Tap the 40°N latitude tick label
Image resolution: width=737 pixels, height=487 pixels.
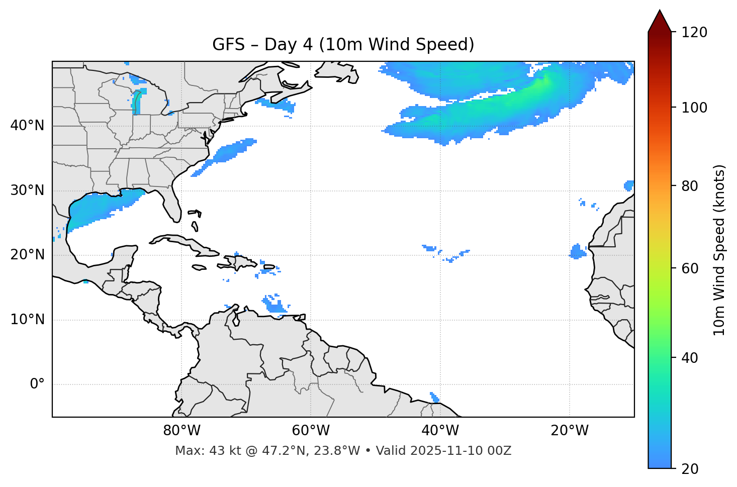coord(27,126)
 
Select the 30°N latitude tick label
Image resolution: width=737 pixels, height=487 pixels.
coord(27,190)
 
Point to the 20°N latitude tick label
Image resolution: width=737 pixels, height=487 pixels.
coord(27,255)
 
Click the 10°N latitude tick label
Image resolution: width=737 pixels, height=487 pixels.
coord(27,320)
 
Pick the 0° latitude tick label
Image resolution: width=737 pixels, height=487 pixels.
coord(37,384)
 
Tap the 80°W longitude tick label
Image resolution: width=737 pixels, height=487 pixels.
coord(181,431)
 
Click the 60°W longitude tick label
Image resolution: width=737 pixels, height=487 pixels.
coord(311,431)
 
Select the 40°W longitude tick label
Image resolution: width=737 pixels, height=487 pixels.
coord(440,431)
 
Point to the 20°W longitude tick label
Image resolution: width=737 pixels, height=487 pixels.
coord(569,431)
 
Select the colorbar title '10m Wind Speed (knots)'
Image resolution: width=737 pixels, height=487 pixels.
coord(719,250)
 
